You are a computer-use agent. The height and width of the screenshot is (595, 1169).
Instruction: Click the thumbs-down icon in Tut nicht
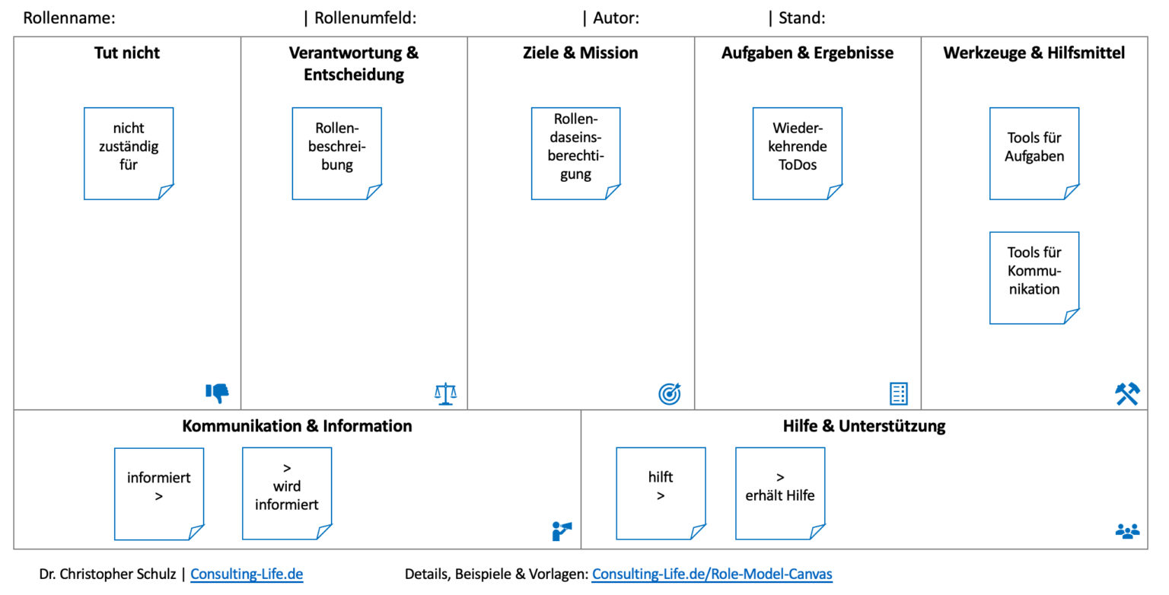click(218, 393)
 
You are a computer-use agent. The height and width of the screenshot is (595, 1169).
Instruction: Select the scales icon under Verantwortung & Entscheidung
click(445, 393)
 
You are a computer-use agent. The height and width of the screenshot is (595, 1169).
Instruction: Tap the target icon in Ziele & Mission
click(669, 393)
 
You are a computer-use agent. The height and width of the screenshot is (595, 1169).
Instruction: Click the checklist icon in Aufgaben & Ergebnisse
click(899, 393)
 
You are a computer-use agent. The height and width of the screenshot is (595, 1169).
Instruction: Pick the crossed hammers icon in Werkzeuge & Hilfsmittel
click(1127, 393)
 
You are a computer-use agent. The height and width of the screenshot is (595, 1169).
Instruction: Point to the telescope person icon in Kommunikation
click(562, 530)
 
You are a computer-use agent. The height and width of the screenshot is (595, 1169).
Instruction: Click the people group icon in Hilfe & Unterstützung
click(1127, 531)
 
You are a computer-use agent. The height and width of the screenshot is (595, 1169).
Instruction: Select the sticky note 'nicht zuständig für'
click(129, 153)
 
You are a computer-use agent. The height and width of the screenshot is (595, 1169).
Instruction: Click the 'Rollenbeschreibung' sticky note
click(336, 153)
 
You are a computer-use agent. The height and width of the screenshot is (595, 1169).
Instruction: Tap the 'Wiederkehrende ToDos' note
click(797, 153)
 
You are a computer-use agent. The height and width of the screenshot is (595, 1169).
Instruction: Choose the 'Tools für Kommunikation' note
click(1034, 278)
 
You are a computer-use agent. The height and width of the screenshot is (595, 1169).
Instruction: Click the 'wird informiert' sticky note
click(287, 493)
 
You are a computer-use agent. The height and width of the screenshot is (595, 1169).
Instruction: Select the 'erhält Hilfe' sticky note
click(780, 493)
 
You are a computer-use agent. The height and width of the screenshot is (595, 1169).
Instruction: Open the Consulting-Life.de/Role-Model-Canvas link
click(712, 574)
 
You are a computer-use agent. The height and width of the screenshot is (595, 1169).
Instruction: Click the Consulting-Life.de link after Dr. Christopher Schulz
click(247, 574)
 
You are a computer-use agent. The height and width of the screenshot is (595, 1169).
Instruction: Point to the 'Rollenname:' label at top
click(69, 17)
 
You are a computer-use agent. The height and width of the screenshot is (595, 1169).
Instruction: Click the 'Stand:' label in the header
click(801, 17)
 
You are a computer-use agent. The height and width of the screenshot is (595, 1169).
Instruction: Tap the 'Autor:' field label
click(616, 17)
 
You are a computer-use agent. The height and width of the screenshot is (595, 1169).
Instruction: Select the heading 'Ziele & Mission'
click(580, 52)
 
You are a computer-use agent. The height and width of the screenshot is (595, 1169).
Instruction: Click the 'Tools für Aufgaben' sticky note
click(1034, 153)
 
